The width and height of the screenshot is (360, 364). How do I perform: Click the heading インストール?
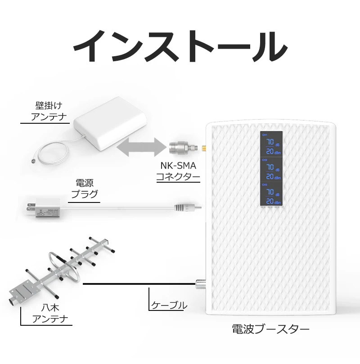tap(180, 47)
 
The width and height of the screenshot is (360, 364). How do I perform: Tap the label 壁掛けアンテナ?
tap(49, 112)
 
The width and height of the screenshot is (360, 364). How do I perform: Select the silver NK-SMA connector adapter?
tap(182, 146)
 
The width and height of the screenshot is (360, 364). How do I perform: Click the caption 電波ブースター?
tap(270, 329)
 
